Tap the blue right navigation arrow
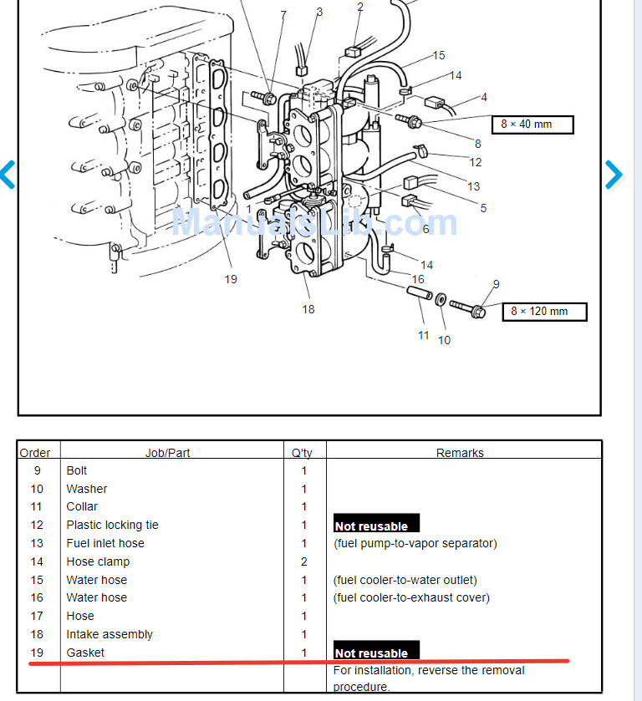pos(614,175)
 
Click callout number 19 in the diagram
pos(231,279)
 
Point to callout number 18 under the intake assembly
pos(308,309)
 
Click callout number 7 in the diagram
pos(283,15)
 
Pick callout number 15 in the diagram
pos(439,56)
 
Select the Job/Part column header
pos(167,453)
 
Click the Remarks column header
pos(460,453)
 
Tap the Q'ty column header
pos(302,453)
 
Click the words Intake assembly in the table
pos(110,634)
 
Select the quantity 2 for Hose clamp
pos(303,561)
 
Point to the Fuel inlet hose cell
pos(105,543)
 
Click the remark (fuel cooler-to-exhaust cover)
pos(411,597)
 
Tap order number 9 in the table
pos(37,470)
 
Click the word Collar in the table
pos(82,506)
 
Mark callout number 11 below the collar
pos(424,335)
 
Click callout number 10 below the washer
pos(444,340)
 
